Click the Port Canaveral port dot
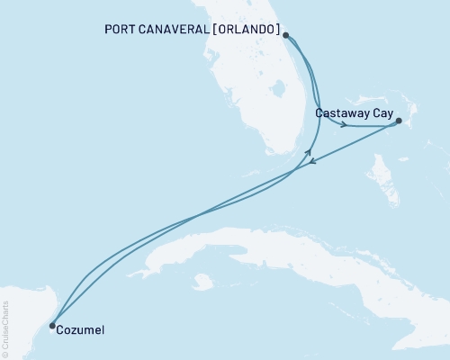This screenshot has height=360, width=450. pos(285,36)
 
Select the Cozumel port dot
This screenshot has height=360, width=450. pos(52,326)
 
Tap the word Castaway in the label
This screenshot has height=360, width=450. pos(341,113)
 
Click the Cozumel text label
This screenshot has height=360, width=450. pos(81,330)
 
